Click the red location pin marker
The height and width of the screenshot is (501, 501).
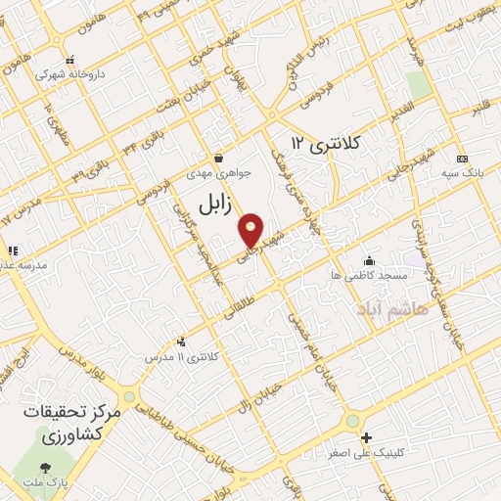(251, 229)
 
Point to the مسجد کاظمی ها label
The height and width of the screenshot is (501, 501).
(368, 276)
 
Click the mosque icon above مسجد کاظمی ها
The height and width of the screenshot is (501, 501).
(369, 260)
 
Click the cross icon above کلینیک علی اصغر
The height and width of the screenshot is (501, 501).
(366, 437)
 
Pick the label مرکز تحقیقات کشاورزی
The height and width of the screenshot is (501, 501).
(73, 424)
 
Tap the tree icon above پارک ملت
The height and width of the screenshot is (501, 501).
(45, 464)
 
